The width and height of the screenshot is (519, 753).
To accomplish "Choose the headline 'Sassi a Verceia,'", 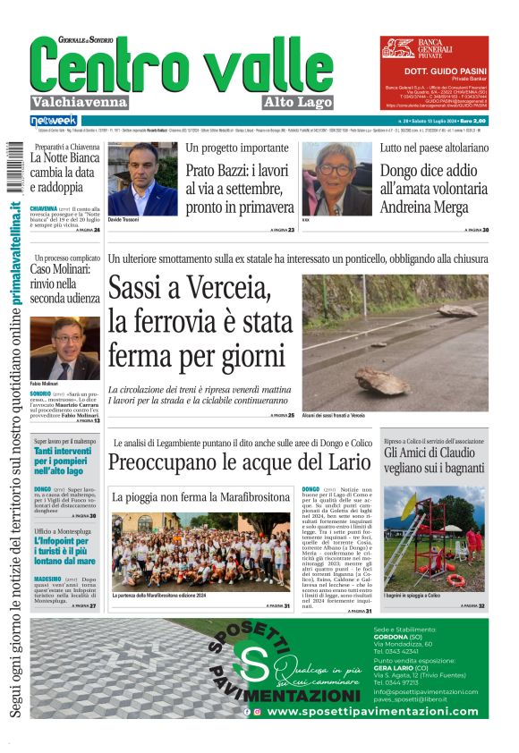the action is tap(190, 289).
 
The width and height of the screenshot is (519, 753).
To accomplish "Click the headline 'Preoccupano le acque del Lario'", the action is tap(239, 462).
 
